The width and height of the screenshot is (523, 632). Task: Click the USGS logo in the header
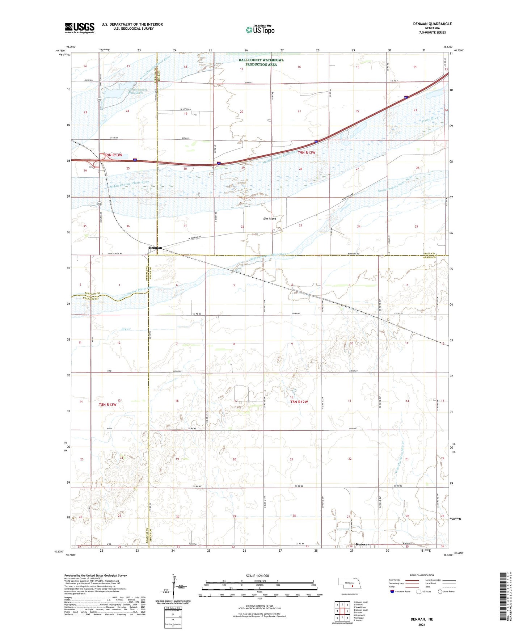79,28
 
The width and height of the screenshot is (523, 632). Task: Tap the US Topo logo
260,30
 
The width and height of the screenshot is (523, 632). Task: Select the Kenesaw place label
363,544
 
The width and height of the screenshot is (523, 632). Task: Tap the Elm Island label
269,219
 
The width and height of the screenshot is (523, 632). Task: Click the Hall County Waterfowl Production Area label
261,62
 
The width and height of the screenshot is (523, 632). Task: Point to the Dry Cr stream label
126,329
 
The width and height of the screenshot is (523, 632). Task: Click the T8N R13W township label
107,405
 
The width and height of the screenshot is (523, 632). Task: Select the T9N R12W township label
306,153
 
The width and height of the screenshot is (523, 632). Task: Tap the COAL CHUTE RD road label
116,254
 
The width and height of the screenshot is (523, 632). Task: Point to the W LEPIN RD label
185,109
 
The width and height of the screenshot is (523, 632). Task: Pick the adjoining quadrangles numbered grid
342,611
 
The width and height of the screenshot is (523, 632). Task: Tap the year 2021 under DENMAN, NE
421,624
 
